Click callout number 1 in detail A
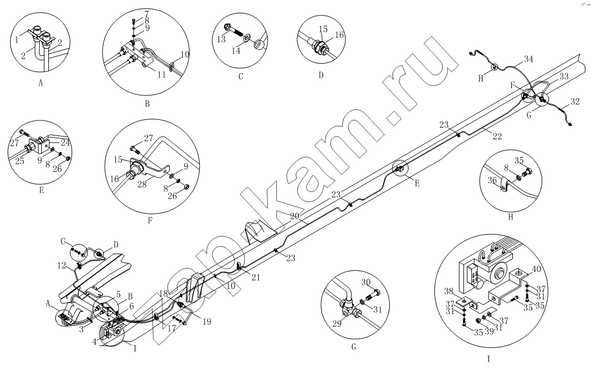(x=17, y=39)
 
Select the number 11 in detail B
(x=161, y=75)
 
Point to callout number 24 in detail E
(x=65, y=143)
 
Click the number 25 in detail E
(x=19, y=161)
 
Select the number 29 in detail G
(x=337, y=323)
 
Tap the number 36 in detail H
(x=493, y=180)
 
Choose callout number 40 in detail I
(x=536, y=269)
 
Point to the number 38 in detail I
(x=449, y=291)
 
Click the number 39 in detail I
(x=489, y=331)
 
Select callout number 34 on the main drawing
(x=528, y=59)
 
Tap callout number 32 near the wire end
(x=575, y=101)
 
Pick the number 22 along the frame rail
(x=497, y=137)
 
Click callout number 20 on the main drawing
(x=294, y=216)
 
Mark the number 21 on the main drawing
(x=256, y=277)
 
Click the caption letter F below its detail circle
(x=150, y=221)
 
